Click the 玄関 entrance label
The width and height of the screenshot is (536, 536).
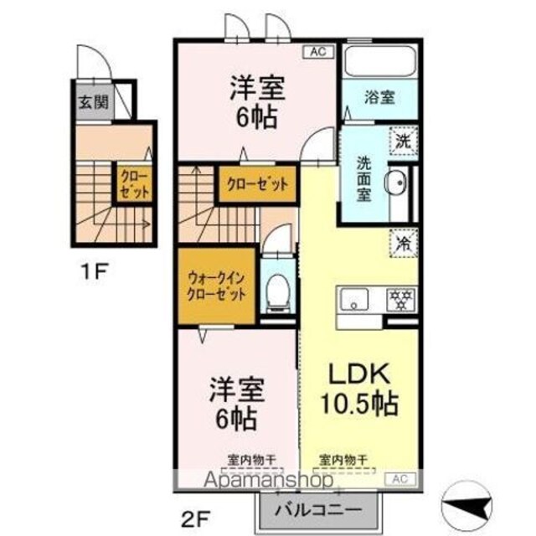tap(93, 102)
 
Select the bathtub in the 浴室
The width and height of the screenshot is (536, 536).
tap(380, 60)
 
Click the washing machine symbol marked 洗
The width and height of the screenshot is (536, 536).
tap(404, 141)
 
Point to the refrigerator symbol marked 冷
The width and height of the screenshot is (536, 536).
tap(404, 243)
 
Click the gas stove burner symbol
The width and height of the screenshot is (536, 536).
tap(400, 300)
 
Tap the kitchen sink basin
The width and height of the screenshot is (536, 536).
tap(354, 300)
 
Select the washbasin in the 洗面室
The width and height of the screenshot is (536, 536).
tap(396, 183)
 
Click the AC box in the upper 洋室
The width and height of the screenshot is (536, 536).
tap(318, 52)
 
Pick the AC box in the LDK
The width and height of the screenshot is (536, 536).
tap(400, 479)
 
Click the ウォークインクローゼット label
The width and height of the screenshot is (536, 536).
tap(216, 286)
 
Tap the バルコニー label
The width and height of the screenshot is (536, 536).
tap(318, 510)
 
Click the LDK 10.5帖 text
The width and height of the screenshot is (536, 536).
tap(359, 389)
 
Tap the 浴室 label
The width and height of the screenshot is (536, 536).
tap(379, 98)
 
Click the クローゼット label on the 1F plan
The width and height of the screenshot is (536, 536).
tap(134, 185)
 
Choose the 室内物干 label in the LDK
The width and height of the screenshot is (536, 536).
tap(343, 460)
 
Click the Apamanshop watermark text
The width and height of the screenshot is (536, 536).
tap(269, 480)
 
